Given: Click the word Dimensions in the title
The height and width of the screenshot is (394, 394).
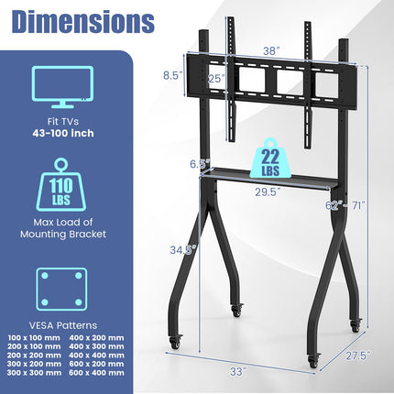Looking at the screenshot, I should tap(78, 20).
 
